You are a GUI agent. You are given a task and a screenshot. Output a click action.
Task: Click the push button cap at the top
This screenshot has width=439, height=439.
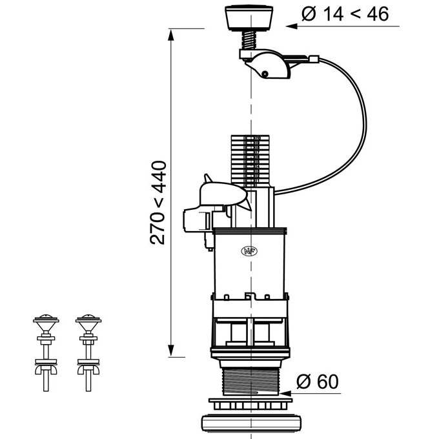pos(249,17)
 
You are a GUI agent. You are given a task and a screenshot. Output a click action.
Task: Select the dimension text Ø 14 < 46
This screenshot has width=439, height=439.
pos(345,14)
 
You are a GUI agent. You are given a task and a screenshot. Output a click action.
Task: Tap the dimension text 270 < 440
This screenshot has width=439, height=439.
pos(158,203)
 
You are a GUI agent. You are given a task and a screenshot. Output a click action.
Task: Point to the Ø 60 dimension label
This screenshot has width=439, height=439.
pos(318,381)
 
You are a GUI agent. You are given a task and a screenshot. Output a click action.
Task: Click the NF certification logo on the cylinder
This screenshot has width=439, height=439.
pos(249,251)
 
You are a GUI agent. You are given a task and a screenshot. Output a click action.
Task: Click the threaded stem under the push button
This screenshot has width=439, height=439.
pos(249,40)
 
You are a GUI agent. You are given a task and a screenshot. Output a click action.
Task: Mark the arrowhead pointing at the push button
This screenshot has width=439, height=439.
pos(291,26)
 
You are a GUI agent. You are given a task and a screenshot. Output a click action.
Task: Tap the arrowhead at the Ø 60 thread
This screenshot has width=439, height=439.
pos(285,393)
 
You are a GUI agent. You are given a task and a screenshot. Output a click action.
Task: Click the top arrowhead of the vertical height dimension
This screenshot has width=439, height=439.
pos(171,35)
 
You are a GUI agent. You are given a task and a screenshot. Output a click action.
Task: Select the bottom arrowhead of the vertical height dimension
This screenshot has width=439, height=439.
pos(171,351)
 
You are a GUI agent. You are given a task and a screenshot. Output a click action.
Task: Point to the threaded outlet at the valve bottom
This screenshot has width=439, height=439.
pos(250,382)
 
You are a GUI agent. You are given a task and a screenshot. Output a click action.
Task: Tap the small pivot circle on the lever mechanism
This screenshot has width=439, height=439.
pos(264,74)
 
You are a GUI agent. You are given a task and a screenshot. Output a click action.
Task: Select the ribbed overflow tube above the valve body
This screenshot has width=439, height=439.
pos(250,161)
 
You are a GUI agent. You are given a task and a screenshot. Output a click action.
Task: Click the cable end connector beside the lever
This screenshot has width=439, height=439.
pos(314,59)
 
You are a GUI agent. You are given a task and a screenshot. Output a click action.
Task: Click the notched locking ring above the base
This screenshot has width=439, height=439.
pos(250,404)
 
